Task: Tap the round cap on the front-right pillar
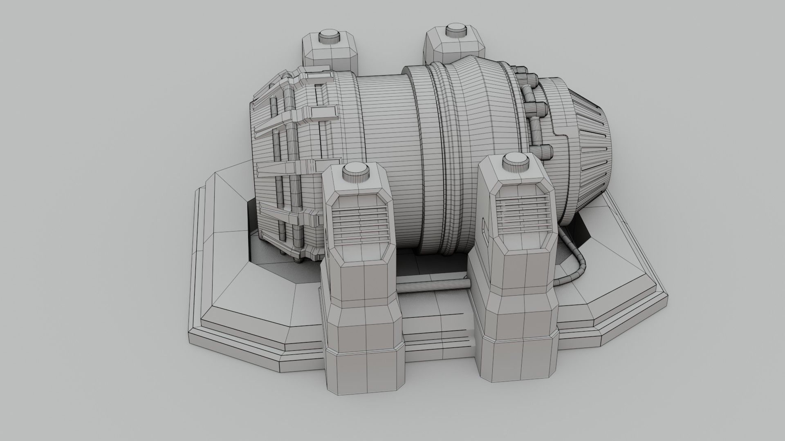click(516, 162)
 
